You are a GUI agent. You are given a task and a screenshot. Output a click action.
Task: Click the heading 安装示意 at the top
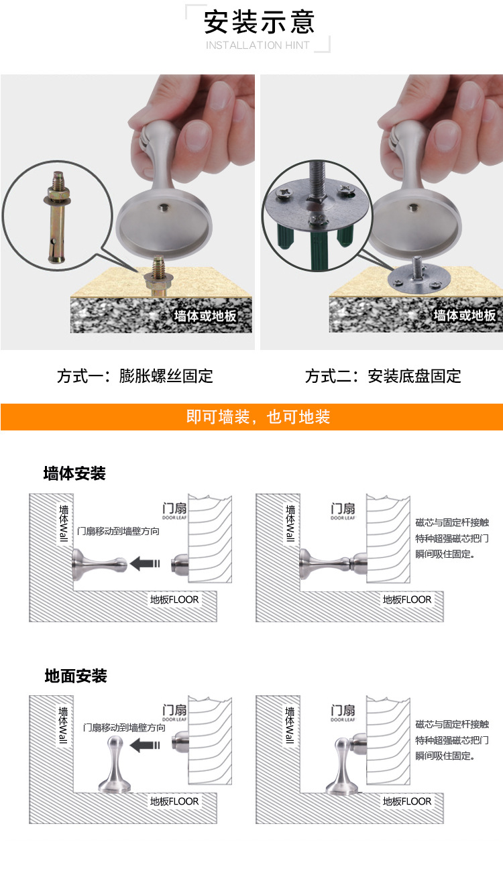[x=259, y=22]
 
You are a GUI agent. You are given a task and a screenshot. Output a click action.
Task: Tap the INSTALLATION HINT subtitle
[x=258, y=46]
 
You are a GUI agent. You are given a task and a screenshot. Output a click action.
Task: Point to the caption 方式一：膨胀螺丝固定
[x=135, y=376]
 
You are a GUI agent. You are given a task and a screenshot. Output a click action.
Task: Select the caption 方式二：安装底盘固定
[x=383, y=376]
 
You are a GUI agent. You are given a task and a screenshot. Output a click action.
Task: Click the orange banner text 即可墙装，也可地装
[x=258, y=417]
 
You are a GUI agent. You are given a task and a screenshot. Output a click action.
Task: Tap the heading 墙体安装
[x=74, y=473]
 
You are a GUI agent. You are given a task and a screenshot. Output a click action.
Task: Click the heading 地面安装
[x=75, y=676]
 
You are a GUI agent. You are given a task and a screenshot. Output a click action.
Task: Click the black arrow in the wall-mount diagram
[x=145, y=563]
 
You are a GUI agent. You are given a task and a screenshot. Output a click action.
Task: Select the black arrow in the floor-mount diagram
[x=145, y=745]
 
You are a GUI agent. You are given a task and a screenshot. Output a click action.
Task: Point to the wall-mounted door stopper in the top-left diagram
[x=99, y=565]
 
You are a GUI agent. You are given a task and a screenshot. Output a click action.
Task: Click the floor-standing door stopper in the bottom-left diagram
[x=115, y=765]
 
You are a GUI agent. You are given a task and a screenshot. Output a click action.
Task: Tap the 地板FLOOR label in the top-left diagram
[x=174, y=599]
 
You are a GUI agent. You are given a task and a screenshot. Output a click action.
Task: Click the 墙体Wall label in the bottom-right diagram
[x=290, y=725]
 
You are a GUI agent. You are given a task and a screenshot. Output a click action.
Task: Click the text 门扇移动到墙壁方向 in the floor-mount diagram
[x=124, y=727]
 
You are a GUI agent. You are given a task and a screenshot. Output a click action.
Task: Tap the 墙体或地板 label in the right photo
[x=465, y=315]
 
